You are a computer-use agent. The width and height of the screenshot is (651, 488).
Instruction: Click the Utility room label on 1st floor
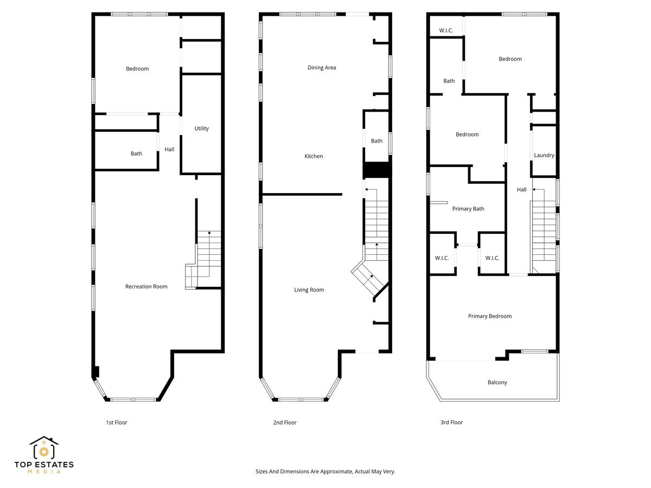(201, 129)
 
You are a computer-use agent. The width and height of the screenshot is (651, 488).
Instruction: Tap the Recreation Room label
(146, 286)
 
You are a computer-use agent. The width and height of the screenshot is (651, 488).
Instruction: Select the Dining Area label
(322, 68)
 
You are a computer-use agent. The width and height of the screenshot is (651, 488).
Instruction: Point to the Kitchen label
(314, 156)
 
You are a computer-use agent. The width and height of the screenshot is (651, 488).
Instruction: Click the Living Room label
(309, 290)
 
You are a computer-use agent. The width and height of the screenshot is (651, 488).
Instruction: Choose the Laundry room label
(544, 155)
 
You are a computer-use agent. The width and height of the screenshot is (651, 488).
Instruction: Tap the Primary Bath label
(468, 209)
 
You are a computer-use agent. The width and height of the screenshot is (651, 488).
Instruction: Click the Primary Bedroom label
(489, 316)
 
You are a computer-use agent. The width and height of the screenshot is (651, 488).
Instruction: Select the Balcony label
(497, 382)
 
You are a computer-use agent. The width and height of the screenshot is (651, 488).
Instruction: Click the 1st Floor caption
(116, 422)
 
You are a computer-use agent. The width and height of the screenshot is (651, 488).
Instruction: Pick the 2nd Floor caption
(285, 422)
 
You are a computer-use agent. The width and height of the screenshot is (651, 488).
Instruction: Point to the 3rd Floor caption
(451, 422)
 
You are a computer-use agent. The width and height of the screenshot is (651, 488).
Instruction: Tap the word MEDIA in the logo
(44, 472)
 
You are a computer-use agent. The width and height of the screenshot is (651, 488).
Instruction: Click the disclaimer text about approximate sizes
(325, 472)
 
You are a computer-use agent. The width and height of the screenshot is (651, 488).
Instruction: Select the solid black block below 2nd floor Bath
(376, 170)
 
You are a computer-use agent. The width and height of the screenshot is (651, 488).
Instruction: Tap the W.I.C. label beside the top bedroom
(446, 30)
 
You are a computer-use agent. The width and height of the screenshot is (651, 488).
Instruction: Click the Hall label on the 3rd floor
(521, 190)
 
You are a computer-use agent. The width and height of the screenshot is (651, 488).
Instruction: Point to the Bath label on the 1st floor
(136, 153)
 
